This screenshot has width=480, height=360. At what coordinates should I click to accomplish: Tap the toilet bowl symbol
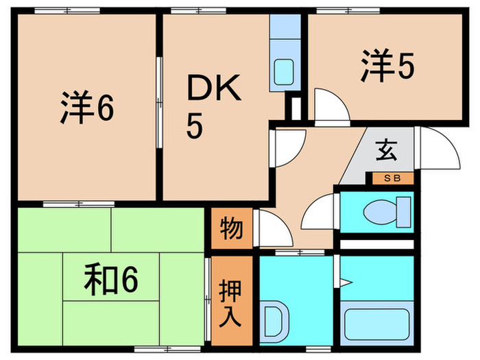coord(385,212)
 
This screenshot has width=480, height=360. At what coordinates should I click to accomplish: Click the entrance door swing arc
coord(439,147)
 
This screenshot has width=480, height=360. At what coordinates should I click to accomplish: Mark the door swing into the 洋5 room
coord(328,107)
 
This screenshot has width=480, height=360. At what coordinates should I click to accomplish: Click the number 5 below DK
coord(195,127)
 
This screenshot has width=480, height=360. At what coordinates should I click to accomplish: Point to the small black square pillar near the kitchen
coord(296,108)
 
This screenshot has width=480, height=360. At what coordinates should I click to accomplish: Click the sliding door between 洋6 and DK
coord(160,103)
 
